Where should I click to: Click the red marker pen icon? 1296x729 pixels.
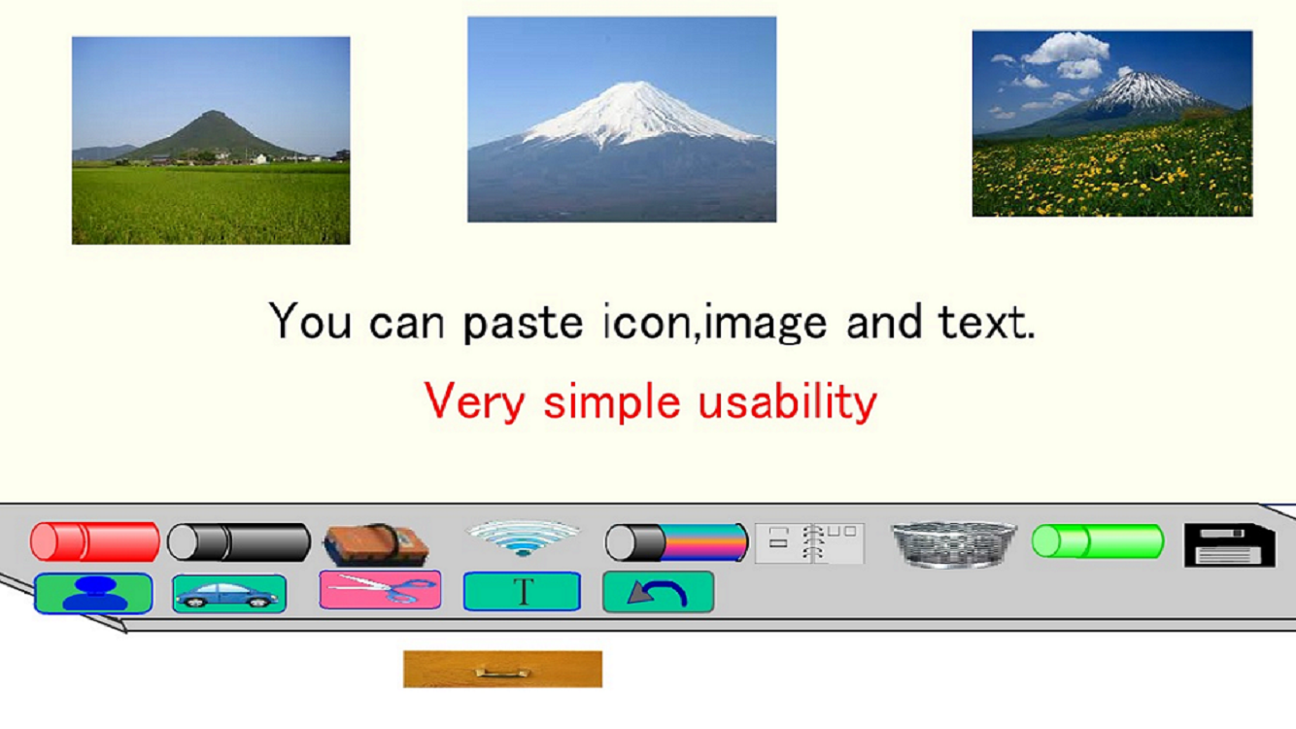(x=95, y=542)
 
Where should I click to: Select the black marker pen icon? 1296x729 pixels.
(x=239, y=542)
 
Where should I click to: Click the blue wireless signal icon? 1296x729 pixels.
(x=522, y=538)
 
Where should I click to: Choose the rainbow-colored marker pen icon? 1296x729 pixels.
(x=676, y=542)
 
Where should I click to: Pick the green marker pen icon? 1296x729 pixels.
(x=1098, y=541)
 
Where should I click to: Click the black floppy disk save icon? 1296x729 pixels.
(x=1230, y=545)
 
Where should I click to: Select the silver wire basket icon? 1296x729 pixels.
(x=954, y=543)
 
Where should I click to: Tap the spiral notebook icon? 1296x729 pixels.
(x=809, y=543)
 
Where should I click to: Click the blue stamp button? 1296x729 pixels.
(x=93, y=594)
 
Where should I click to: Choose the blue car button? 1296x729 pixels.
(x=229, y=594)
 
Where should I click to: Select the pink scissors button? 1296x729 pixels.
(x=380, y=589)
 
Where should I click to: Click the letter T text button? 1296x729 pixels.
(x=522, y=591)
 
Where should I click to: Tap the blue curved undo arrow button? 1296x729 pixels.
(x=659, y=592)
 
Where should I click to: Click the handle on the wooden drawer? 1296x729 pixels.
(x=502, y=673)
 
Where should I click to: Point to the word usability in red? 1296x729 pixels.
(x=788, y=401)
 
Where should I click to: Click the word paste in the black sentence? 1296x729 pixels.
(x=523, y=322)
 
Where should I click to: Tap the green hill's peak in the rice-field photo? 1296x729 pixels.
(x=213, y=113)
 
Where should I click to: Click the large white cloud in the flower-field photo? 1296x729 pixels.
(x=1066, y=48)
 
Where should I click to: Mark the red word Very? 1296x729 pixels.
(x=474, y=400)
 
